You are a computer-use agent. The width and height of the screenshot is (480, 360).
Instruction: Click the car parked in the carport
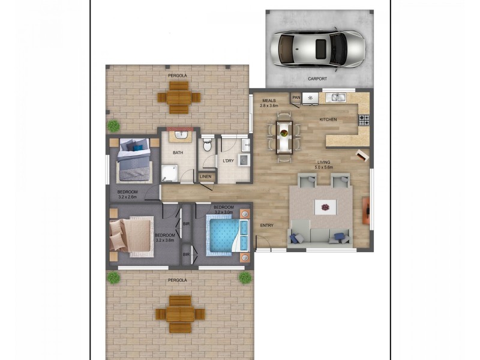317,49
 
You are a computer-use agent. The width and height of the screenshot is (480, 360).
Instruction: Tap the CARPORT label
317,79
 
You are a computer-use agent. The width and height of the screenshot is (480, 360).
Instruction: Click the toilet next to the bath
207,145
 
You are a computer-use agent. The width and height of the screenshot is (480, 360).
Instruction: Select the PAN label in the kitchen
296,97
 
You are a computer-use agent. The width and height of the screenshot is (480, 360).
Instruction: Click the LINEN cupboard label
206,176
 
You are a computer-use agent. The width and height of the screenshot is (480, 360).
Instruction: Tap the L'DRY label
228,161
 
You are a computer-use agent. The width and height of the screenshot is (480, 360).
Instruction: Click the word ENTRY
267,225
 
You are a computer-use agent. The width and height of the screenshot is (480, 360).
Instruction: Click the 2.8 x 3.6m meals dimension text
269,106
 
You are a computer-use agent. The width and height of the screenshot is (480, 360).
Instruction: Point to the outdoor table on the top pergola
178,98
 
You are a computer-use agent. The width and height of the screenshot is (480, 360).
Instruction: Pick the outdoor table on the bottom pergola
180,314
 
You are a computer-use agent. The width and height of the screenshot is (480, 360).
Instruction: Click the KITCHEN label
328,120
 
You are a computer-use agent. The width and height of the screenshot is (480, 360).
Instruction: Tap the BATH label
178,153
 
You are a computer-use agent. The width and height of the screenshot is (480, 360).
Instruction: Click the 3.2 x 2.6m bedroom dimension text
127,197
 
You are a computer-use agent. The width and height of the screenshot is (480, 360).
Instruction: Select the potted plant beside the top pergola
113,125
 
